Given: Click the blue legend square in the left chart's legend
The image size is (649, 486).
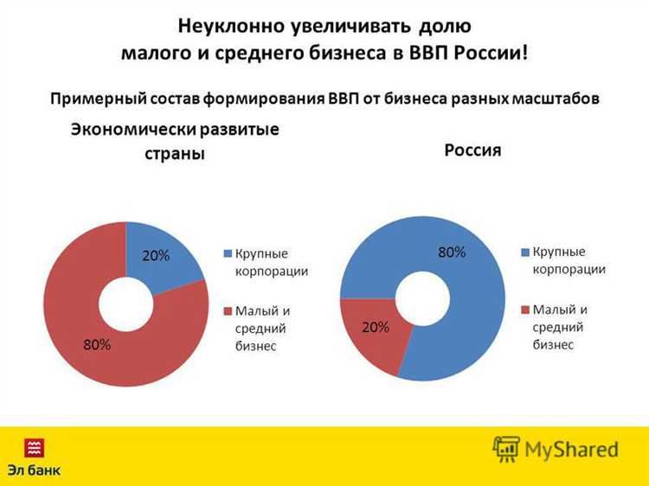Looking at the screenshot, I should [228, 254].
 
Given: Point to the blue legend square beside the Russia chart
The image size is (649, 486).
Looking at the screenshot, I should [524, 252].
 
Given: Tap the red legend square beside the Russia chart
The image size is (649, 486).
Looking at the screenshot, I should [524, 309].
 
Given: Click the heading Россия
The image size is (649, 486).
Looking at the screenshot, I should [472, 150].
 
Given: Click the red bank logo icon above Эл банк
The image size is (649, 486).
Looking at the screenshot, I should [35, 448].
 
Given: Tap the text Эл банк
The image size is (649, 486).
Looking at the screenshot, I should [35, 471].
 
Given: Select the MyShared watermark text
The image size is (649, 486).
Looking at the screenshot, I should [570, 450].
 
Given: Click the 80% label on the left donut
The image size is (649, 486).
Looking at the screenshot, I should [96, 344].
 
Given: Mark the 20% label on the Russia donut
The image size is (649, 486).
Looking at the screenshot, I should [375, 328].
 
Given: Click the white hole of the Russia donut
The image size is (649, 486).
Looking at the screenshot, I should [421, 298].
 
